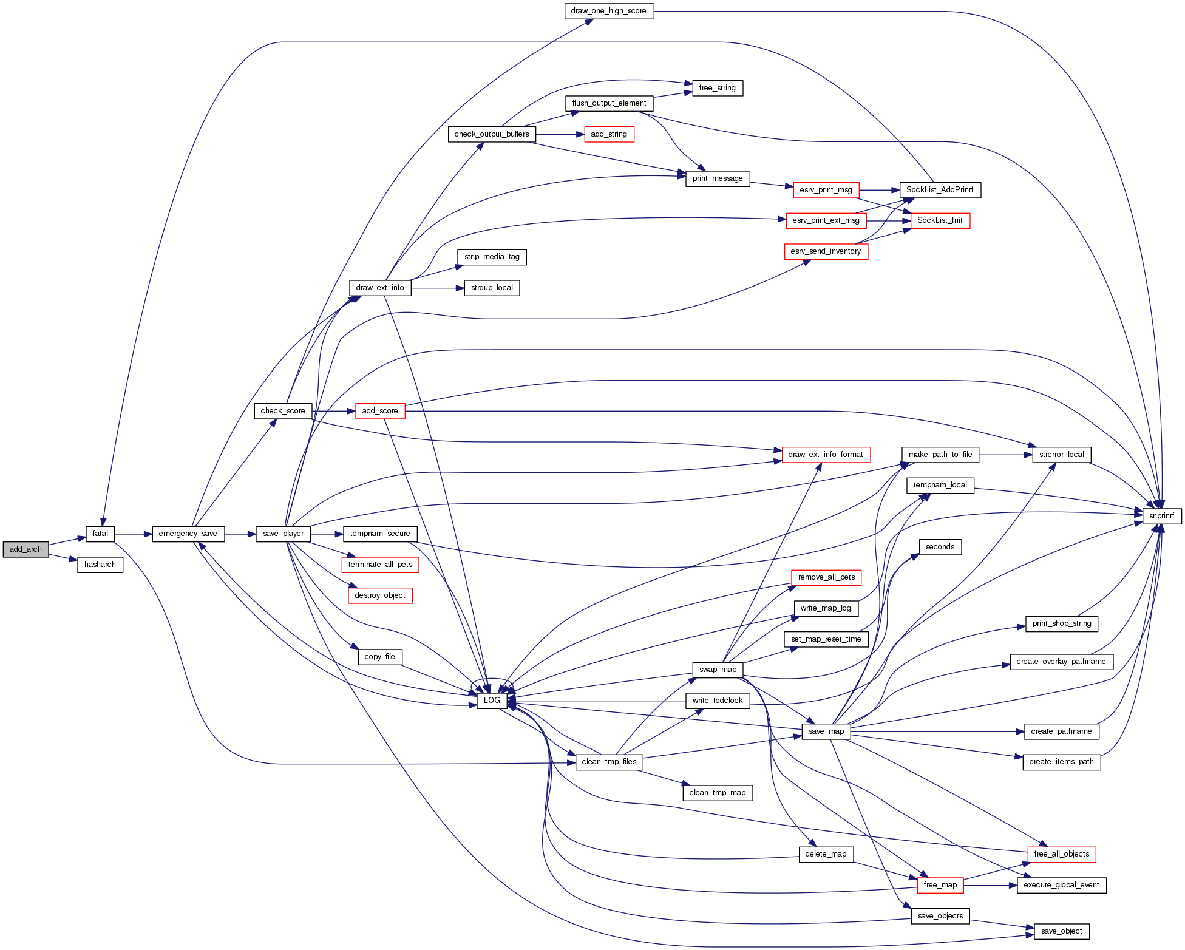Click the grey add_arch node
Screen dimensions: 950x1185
click(25, 549)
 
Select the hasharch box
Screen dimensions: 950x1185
click(100, 565)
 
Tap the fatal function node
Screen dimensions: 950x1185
click(100, 534)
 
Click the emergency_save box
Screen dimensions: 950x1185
click(188, 534)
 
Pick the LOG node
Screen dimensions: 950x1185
click(492, 701)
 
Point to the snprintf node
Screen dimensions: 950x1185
click(1161, 516)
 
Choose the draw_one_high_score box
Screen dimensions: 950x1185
click(608, 11)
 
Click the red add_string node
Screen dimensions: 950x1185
click(608, 134)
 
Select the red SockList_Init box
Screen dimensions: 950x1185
click(940, 220)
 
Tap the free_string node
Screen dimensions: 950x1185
click(717, 88)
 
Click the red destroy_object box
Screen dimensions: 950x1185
click(380, 595)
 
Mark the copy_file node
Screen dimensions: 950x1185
click(380, 657)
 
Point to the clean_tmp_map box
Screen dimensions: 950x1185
click(718, 793)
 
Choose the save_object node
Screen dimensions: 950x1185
click(1061, 931)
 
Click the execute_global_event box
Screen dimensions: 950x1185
click(1061, 885)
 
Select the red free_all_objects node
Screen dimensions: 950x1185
click(1061, 854)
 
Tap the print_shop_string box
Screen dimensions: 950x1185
click(1061, 623)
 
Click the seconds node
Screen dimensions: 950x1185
click(940, 547)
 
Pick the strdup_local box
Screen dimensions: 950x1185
click(492, 288)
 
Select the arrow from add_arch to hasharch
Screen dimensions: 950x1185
click(63, 557)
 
